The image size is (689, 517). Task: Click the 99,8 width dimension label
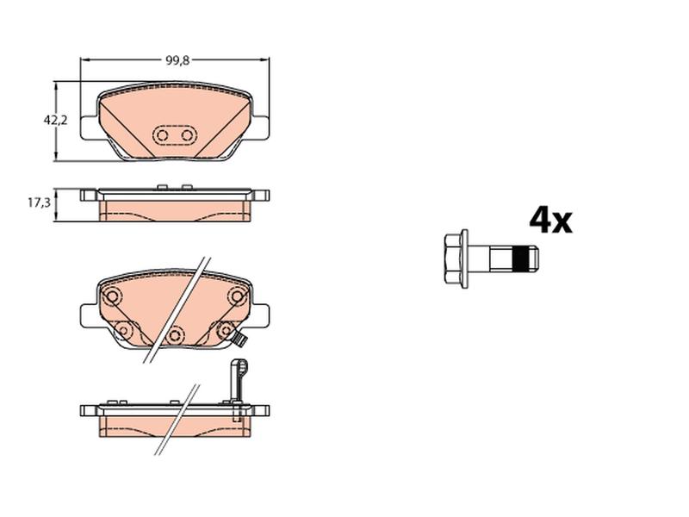click(177, 61)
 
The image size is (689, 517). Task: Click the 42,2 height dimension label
click(55, 120)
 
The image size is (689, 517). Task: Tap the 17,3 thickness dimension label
click(39, 202)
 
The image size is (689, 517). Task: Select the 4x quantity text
click(550, 220)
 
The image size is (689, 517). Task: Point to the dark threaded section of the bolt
click(522, 259)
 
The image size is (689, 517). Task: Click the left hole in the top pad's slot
click(163, 135)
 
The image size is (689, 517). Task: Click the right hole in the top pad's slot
click(187, 135)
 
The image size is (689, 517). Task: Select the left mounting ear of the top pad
click(90, 128)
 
